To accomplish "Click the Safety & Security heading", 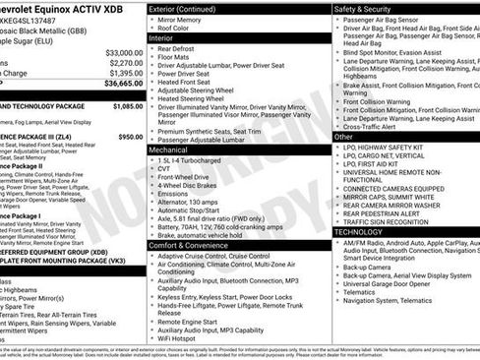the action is [370, 8].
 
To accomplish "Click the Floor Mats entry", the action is [176, 60].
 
